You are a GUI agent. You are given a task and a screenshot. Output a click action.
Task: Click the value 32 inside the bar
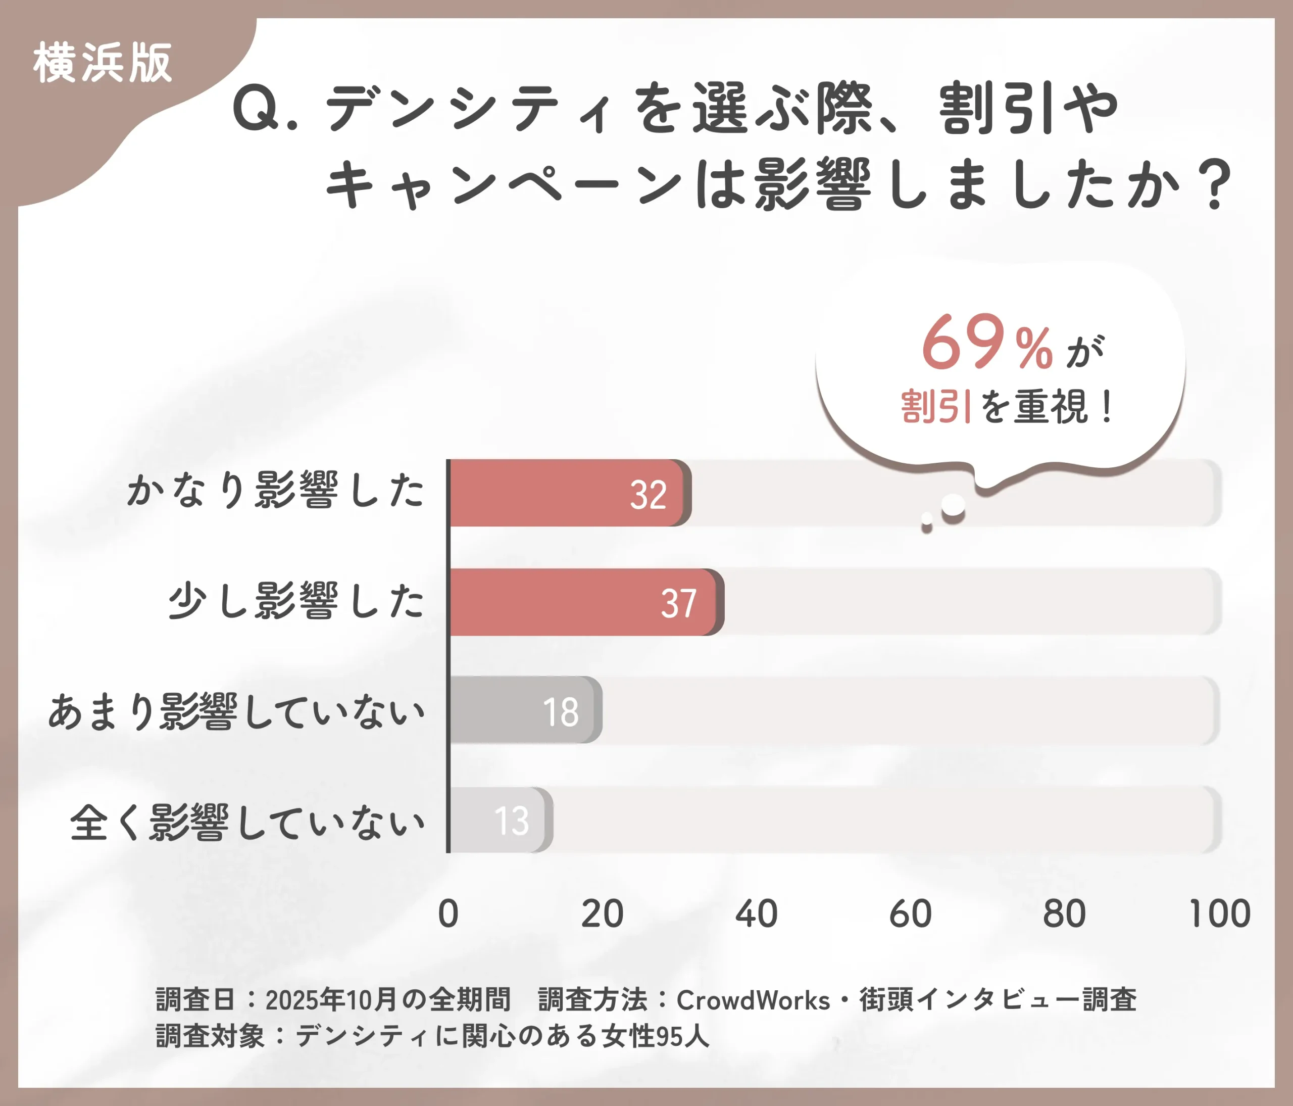tap(649, 495)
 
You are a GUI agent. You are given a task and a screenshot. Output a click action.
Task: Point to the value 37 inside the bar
tap(678, 604)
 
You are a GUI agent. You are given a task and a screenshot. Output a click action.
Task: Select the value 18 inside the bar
tap(560, 711)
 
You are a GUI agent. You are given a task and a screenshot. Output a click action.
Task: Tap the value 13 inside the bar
tap(512, 821)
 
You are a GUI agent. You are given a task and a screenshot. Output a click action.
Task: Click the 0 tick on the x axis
tap(448, 914)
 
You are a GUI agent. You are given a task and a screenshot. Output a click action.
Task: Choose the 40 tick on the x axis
tap(756, 914)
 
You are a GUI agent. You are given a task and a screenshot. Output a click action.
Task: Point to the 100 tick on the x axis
tap(1219, 914)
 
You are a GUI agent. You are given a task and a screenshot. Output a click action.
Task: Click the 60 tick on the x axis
tap(911, 914)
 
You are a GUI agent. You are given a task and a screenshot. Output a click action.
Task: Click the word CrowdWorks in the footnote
tap(753, 1000)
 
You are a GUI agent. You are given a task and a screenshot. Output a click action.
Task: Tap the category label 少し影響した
tap(296, 601)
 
